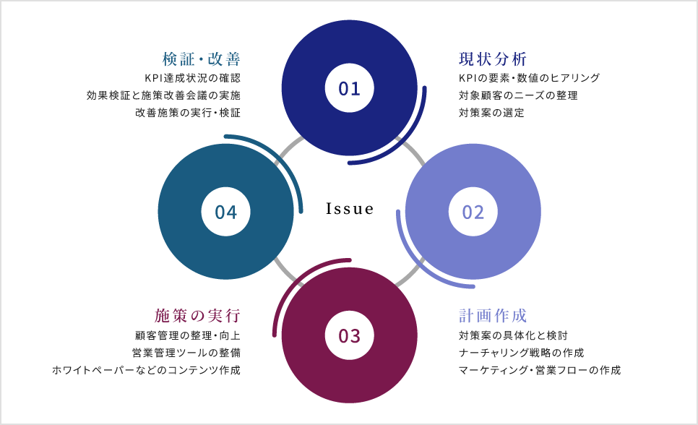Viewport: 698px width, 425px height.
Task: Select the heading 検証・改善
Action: pos(201,59)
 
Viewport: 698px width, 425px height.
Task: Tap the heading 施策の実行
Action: pos(197,316)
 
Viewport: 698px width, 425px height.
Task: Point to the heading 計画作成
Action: pos(493,316)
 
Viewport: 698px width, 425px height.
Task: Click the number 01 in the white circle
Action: pos(349,88)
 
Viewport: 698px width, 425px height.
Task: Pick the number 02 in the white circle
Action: pos(473,212)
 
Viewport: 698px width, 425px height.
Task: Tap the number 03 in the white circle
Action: pos(349,335)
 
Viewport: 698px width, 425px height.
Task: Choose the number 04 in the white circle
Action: pos(225,212)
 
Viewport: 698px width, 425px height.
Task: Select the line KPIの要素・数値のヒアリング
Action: pos(529,78)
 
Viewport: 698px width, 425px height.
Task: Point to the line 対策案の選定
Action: pos(491,113)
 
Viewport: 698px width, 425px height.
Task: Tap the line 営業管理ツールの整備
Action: pos(186,353)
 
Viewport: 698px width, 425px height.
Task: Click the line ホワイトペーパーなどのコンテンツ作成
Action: pos(146,370)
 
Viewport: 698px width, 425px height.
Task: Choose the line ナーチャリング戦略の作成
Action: pos(521,353)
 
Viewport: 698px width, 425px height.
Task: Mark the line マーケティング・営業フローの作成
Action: pos(539,370)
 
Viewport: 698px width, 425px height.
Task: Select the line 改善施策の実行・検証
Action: pos(188,113)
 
